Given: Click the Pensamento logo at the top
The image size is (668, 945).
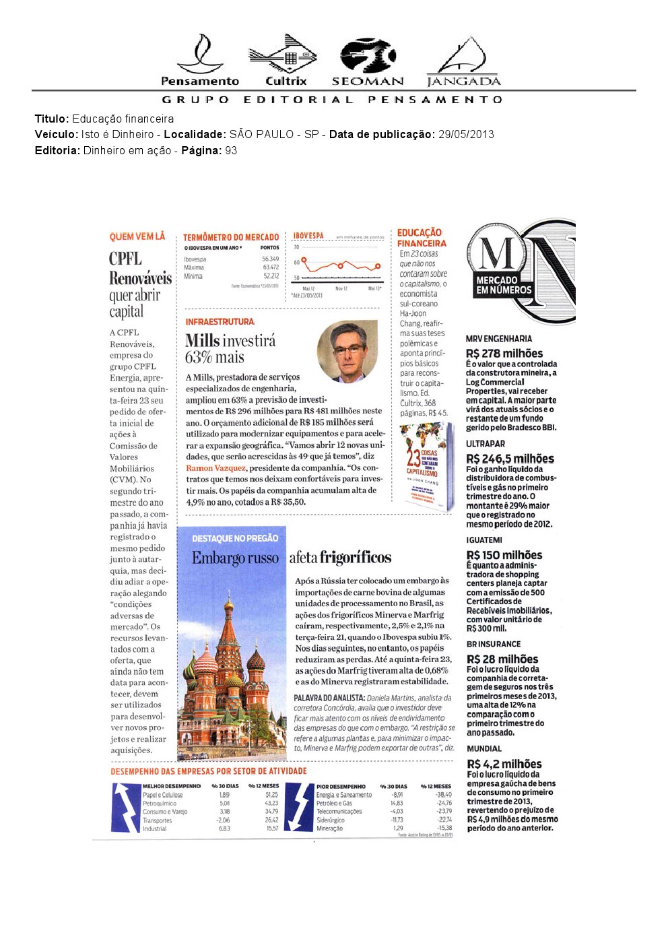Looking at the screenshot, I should pos(200,61).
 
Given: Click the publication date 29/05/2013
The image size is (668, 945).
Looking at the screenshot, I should pos(466,135).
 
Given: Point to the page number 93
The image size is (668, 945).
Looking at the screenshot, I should pos(231,151).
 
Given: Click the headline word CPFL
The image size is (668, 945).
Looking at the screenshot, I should pos(126,259).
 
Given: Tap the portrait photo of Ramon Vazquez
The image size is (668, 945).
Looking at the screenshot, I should pos(347,351).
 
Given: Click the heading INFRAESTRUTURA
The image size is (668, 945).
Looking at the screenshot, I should pos(220,322).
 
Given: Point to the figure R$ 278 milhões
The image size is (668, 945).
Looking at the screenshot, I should pos(504,354).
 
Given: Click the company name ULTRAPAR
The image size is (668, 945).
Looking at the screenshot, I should pos(485,444).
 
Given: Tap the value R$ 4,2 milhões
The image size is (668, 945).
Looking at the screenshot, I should pos(504,764).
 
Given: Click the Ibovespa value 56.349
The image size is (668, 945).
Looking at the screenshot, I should pos(270,259).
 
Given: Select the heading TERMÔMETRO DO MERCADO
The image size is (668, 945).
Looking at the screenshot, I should pos(230,237).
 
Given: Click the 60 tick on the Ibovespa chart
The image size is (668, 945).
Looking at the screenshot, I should pos(297,262).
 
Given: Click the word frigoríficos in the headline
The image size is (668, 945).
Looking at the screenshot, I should pos(356,557).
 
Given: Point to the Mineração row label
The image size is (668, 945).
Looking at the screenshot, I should pos(329,828).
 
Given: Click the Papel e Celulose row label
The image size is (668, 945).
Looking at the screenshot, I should pos(162,795).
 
